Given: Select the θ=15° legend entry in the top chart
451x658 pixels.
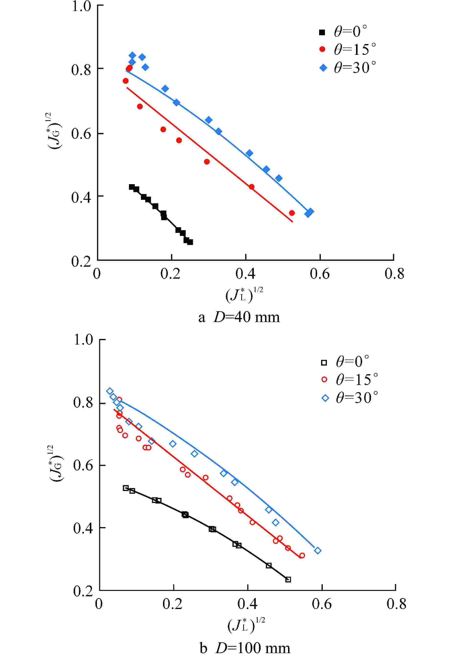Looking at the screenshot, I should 348,49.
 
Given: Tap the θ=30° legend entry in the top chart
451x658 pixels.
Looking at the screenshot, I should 348,67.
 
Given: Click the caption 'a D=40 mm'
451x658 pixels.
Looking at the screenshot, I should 239,317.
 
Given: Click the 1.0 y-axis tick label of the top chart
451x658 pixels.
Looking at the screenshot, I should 82,6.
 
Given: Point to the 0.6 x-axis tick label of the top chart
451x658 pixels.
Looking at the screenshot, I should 320,274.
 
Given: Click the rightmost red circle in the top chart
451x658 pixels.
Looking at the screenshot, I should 292,213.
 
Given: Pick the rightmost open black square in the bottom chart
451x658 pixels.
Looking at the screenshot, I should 288,580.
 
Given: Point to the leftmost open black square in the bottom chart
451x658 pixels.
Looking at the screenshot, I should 126,488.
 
